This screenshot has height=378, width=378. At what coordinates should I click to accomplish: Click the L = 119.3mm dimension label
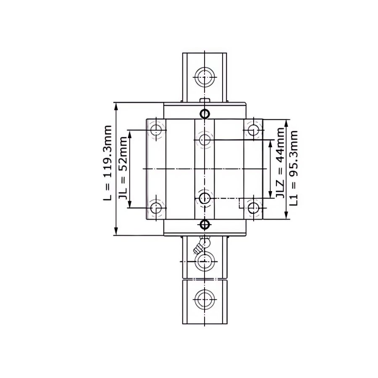click(108, 163)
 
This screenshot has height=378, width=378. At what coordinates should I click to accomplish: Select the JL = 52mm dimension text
click(123, 168)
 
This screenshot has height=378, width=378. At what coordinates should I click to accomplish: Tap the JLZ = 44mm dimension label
click(280, 163)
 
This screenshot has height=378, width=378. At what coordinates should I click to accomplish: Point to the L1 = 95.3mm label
click(294, 168)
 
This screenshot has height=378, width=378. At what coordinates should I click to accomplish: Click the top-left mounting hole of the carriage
click(156, 130)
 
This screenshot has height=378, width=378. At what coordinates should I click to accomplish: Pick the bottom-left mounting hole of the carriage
click(156, 207)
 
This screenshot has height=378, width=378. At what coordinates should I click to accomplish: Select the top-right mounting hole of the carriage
click(253, 130)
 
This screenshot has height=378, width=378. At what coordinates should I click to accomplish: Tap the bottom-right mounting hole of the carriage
click(253, 207)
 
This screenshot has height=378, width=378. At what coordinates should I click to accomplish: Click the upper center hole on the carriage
click(205, 140)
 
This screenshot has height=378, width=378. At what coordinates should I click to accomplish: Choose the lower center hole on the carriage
click(205, 198)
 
